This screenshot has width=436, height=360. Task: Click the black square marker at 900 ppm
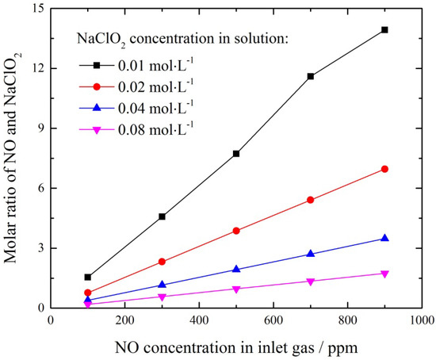click(x=384, y=29)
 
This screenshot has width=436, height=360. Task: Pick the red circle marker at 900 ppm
click(x=384, y=169)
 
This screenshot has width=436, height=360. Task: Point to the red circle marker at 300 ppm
click(x=162, y=262)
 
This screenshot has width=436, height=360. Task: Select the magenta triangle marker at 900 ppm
click(x=384, y=274)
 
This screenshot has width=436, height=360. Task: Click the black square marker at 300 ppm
click(x=162, y=216)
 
